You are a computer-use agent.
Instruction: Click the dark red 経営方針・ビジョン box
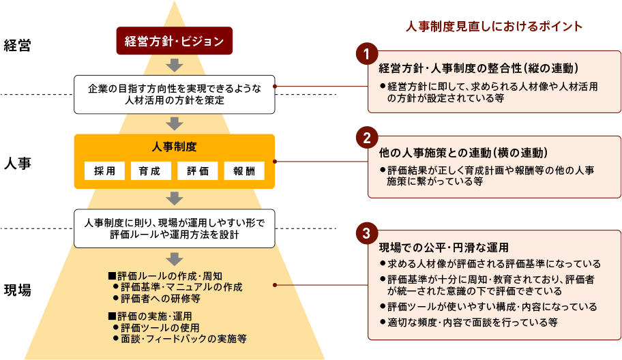pos(175,41)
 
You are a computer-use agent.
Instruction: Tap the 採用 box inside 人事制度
pos(104,170)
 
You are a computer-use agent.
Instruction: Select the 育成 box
pos(151,170)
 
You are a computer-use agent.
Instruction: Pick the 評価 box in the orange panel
pos(197,170)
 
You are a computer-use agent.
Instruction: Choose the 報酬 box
pos(243,170)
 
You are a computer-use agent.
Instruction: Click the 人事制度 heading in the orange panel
pos(174,147)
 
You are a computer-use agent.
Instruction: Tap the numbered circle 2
pos(366,138)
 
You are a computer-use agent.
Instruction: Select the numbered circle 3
pos(366,232)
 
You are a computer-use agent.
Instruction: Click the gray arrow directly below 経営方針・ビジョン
pos(175,65)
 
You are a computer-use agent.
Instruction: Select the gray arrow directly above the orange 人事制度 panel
pos(175,123)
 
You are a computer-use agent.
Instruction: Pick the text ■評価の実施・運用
pos(150,316)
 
